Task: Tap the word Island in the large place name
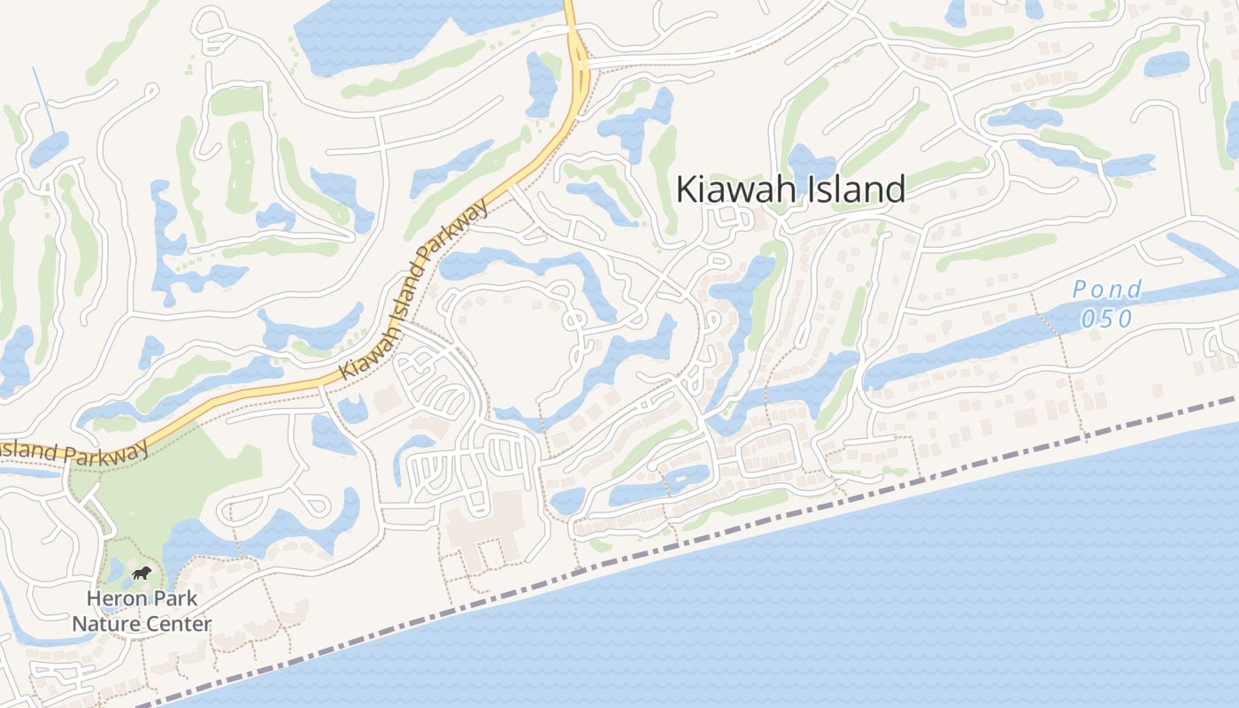852,189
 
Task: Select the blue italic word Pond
1106,289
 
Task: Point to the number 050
1106,318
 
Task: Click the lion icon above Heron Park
141,573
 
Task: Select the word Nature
104,624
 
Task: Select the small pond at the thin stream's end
48,149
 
